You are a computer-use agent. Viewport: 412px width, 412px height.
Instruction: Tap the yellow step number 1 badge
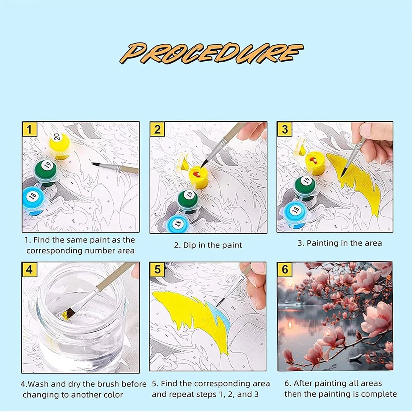29,129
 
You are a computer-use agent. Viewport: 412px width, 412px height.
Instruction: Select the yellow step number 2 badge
157,129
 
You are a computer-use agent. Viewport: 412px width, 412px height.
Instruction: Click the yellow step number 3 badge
285,129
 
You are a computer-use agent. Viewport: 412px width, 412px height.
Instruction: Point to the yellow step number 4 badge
29,269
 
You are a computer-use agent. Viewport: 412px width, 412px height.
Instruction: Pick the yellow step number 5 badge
157,269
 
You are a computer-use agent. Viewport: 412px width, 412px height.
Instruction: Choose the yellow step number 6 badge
285,269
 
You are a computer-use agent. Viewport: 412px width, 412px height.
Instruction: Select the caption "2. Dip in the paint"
208,245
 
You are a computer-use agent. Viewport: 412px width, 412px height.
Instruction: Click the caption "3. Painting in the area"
340,243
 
